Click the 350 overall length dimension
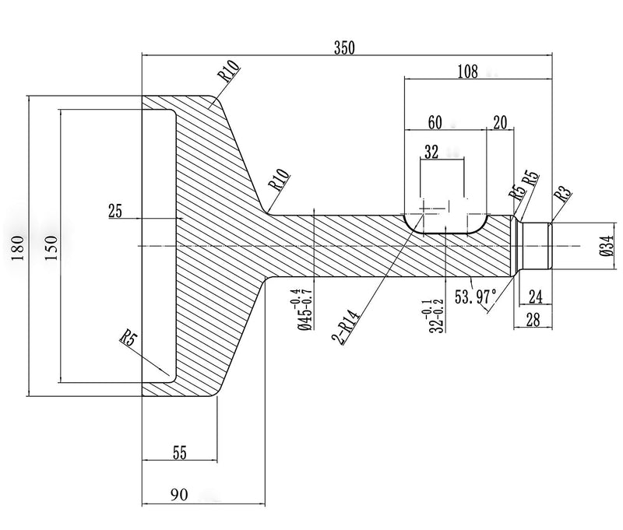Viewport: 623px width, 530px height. [344, 47]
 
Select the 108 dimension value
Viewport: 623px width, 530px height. [468, 72]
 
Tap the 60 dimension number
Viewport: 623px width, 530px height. [435, 122]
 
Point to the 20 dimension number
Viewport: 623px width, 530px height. [500, 122]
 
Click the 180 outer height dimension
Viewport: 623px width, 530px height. [18, 247]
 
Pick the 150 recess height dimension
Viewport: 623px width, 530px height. [51, 247]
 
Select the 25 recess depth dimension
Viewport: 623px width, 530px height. [115, 210]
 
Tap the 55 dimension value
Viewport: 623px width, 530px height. [180, 452]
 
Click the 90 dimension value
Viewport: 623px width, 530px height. [179, 495]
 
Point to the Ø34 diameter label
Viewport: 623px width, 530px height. [608, 245]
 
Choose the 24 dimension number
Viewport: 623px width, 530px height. [536, 297]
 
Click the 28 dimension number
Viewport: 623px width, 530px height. [533, 320]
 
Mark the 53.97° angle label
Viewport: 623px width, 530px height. [475, 297]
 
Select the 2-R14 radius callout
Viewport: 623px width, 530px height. [346, 327]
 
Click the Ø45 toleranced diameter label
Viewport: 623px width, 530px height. [304, 310]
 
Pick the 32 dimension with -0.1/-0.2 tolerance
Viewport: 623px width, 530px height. [432, 316]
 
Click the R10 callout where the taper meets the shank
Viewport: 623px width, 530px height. [279, 180]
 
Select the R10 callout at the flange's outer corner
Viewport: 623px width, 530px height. [229, 71]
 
